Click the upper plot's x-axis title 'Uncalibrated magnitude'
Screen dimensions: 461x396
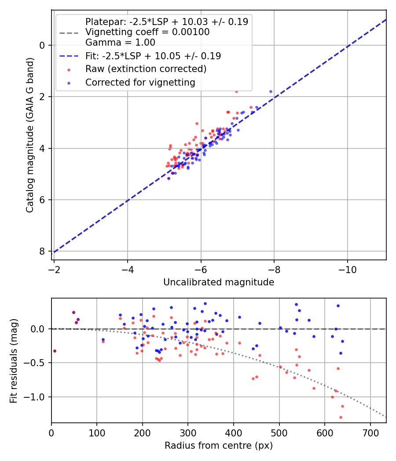click(219, 282)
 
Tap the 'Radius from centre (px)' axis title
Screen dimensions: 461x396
click(219, 446)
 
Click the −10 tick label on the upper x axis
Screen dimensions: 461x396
click(347, 269)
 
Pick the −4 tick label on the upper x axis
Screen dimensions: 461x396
click(128, 269)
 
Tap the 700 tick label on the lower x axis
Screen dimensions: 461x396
click(370, 432)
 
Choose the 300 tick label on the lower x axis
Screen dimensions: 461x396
click(188, 432)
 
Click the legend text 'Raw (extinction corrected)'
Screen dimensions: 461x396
click(146, 69)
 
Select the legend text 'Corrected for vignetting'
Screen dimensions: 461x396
click(140, 82)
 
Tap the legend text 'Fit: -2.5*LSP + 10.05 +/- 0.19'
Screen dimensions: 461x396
click(153, 56)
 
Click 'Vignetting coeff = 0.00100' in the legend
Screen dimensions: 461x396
click(147, 32)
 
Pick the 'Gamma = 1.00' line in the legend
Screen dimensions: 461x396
click(120, 43)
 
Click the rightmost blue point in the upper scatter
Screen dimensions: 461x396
click(271, 91)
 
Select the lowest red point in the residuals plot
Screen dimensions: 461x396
click(341, 417)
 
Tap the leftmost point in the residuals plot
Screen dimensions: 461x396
click(55, 351)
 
